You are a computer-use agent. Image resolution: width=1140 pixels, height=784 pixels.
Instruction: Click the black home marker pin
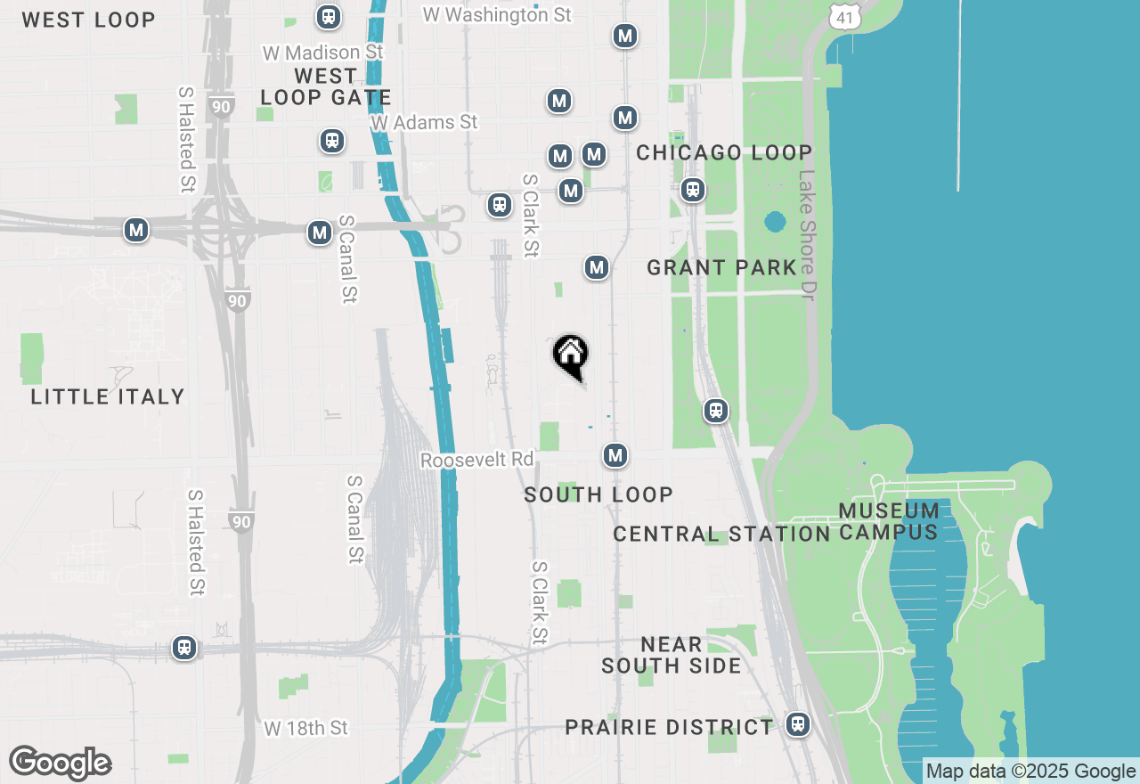tap(570, 355)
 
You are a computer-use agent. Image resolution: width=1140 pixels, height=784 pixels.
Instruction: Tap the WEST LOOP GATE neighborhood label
tap(325, 87)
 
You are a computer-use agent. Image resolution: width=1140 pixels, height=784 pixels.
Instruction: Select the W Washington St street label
tap(497, 14)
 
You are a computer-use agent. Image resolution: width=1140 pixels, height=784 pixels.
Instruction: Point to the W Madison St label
tap(322, 53)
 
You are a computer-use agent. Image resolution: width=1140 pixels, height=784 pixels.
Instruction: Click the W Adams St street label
tap(425, 122)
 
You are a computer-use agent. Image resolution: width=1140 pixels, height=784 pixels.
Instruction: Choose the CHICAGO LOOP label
tap(724, 152)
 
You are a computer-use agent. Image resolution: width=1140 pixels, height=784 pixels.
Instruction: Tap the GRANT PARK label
tap(721, 267)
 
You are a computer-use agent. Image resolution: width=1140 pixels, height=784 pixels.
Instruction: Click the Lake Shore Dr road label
tap(807, 235)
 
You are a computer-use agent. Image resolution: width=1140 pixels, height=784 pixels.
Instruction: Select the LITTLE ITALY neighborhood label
tap(108, 396)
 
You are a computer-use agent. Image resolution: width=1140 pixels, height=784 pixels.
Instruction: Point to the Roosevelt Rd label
tap(476, 460)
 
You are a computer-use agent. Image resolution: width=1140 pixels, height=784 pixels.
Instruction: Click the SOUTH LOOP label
tap(598, 494)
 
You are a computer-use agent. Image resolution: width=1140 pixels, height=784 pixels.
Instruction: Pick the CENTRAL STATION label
tap(721, 534)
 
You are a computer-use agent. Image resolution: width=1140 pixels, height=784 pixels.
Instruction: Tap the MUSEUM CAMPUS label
tap(889, 521)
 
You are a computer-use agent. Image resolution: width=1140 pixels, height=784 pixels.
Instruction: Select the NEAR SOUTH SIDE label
tap(671, 655)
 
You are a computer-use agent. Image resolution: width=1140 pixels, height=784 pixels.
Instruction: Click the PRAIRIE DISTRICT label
tap(669, 727)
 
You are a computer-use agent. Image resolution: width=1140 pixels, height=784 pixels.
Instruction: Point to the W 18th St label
tap(305, 728)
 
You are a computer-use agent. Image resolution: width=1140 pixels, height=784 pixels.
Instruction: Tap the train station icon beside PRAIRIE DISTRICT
tap(798, 724)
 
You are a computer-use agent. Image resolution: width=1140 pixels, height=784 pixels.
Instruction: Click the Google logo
tap(60, 764)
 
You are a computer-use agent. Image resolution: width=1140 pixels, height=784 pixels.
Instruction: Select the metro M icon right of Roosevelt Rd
tap(615, 455)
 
